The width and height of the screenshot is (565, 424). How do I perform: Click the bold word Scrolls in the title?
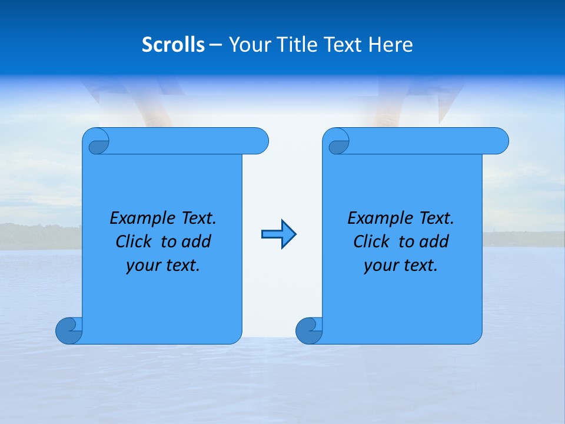(173, 45)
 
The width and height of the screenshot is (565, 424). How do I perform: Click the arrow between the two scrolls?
(278, 234)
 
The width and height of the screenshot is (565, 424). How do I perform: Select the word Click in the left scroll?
(129, 241)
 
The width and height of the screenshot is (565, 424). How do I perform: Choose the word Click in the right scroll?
(367, 241)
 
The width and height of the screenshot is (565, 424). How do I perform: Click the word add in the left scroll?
(196, 241)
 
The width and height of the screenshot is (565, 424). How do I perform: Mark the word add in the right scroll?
(434, 241)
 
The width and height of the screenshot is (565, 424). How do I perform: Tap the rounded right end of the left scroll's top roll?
(259, 141)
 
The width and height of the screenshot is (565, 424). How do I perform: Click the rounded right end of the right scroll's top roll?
(499, 141)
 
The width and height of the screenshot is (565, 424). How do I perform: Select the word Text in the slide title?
(345, 45)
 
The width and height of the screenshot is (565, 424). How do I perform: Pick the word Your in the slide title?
(247, 45)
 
